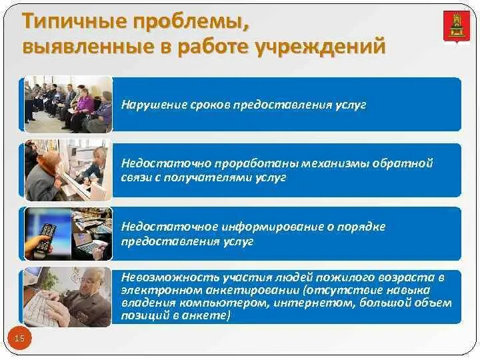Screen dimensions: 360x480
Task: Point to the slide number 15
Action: pyautogui.click(x=19, y=339)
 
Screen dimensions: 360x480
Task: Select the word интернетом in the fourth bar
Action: pyautogui.click(x=280, y=303)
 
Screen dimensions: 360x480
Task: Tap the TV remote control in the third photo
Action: pyautogui.click(x=44, y=239)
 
